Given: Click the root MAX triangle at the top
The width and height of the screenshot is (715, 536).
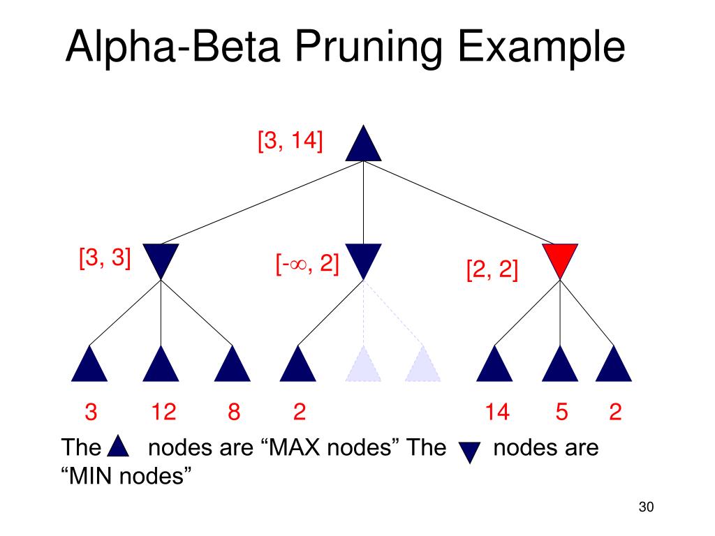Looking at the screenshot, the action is point(363,147).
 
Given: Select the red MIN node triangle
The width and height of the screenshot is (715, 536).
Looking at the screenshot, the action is point(560,258).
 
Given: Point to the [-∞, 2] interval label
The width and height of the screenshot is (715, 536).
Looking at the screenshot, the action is point(307,264).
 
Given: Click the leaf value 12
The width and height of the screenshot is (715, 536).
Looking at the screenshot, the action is point(163,412).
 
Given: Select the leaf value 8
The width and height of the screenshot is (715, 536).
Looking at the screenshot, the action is point(234,412).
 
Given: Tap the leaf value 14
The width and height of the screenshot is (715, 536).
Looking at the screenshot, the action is point(497,412).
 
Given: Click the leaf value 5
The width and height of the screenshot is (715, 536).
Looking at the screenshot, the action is point(562,412).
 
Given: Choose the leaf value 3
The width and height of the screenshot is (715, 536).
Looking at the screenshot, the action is point(91,412).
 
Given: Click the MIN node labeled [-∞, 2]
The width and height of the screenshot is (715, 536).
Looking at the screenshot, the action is point(363,258).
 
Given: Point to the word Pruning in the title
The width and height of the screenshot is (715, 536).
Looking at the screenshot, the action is point(369,47).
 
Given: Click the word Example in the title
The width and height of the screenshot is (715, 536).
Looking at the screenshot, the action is point(541,47).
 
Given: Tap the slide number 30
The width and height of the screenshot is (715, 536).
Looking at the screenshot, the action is point(646,507).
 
